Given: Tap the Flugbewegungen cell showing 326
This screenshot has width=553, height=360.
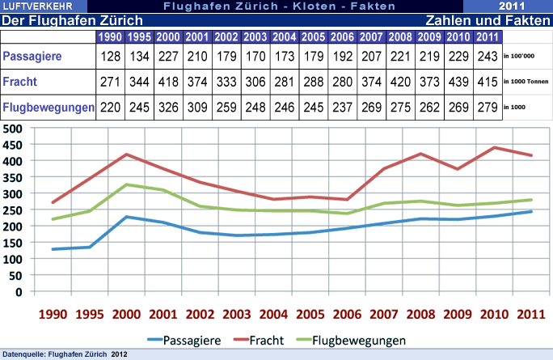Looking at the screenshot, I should pyautogui.click(x=167, y=107).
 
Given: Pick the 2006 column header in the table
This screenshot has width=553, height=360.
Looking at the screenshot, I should pyautogui.click(x=342, y=36).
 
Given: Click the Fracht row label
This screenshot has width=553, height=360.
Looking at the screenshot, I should pyautogui.click(x=20, y=82).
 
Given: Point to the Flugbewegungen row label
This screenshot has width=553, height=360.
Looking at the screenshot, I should pyautogui.click(x=48, y=107).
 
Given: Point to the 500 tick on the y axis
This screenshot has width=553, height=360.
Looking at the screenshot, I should pyautogui.click(x=12, y=128).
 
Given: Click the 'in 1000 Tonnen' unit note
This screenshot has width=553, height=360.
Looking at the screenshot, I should pyautogui.click(x=526, y=82).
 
